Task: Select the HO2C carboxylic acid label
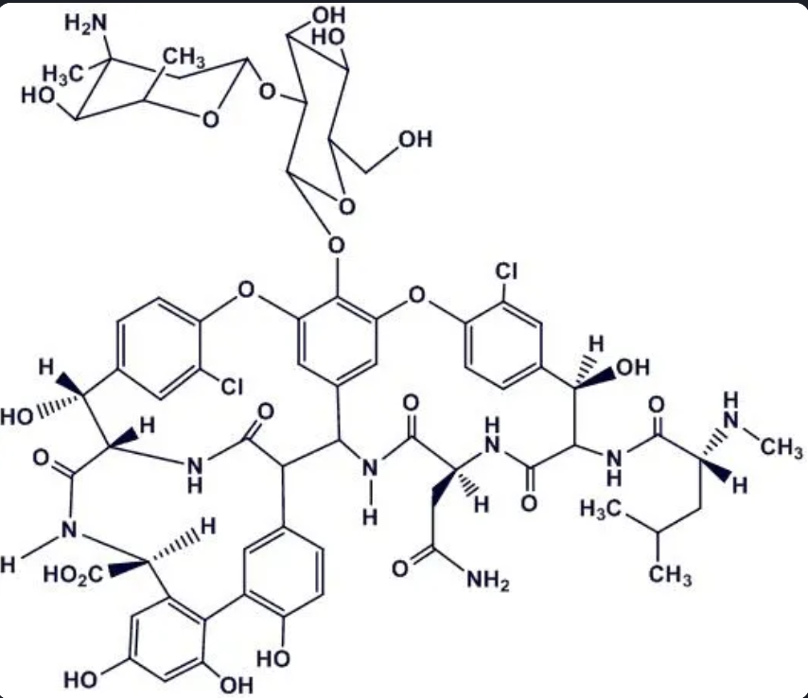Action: click(x=67, y=573)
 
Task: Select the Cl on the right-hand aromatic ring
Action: click(x=508, y=272)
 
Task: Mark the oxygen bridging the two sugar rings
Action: click(x=268, y=94)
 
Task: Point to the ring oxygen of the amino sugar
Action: click(x=209, y=120)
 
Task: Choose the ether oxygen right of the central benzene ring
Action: click(x=413, y=301)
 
